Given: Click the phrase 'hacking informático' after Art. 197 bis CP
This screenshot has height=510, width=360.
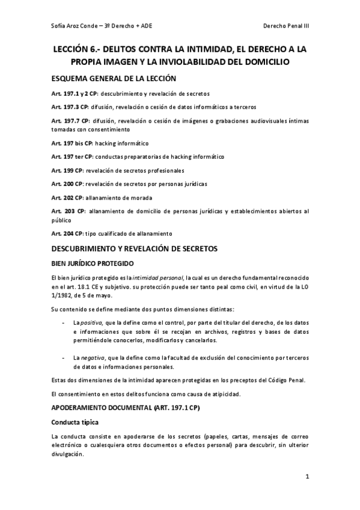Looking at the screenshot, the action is [122, 144].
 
